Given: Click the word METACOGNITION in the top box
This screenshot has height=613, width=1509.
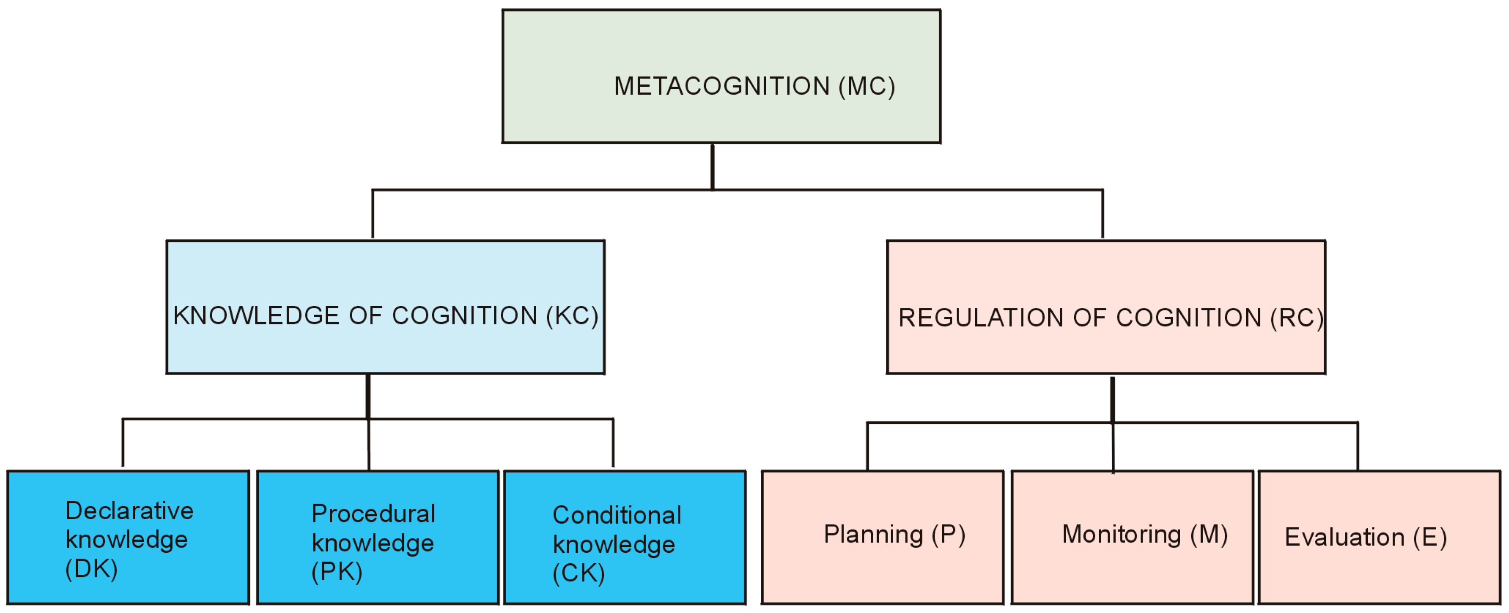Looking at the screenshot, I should [722, 86].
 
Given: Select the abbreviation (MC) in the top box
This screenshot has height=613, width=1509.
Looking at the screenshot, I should [866, 86].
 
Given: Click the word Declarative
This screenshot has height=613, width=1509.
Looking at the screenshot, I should [129, 510].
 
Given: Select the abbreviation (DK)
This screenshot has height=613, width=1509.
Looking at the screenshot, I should [92, 569].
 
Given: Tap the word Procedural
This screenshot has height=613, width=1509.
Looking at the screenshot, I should [374, 514].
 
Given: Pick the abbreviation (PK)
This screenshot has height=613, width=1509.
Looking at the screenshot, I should [337, 571].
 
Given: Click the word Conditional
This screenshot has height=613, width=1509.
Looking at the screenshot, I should [617, 515].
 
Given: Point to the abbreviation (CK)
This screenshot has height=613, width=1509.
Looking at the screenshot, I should [579, 573].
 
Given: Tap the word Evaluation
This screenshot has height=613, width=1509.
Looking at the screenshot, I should [1344, 537].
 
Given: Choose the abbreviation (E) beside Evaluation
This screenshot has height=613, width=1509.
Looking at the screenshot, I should [1430, 537].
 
